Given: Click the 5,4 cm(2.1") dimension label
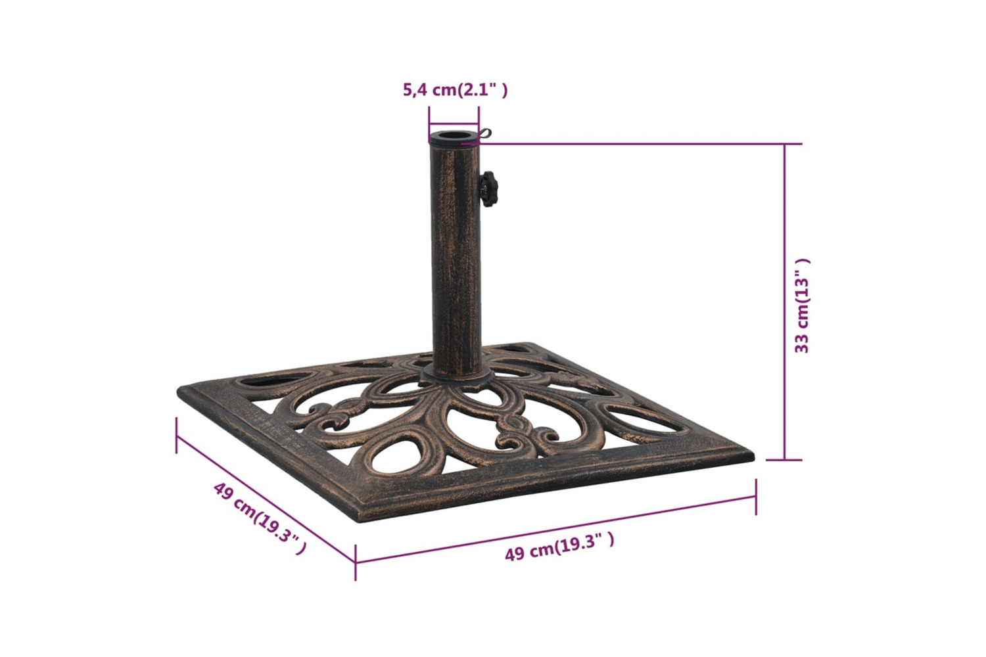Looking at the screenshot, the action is click(x=455, y=90).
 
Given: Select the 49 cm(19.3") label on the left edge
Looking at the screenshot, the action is click(x=260, y=518).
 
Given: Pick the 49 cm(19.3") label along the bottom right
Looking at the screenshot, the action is click(x=559, y=547).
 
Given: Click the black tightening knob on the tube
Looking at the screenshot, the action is click(x=488, y=189).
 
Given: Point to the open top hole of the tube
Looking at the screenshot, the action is click(x=454, y=135).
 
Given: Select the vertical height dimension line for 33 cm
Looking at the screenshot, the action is click(x=784, y=302).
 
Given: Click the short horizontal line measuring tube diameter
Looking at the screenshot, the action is click(x=454, y=125).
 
